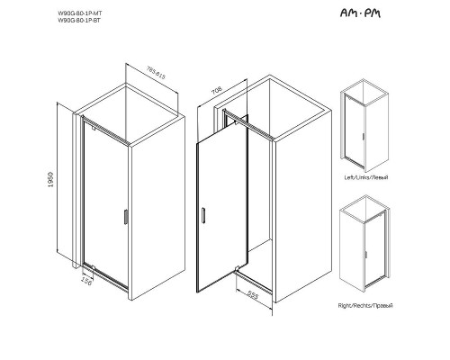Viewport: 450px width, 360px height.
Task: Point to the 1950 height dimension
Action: [x=64, y=184]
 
